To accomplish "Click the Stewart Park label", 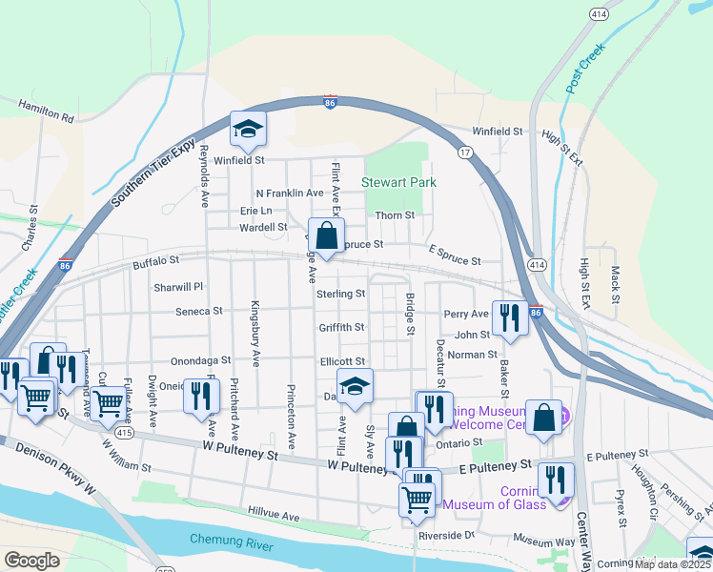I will [393, 182].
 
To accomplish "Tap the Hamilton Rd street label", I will [46, 112].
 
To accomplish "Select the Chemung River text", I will [231, 542].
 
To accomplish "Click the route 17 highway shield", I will [465, 153].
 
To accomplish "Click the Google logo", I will [31, 561].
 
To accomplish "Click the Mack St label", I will [615, 281].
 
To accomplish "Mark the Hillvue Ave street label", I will [273, 516].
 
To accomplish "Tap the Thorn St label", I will [395, 215].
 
